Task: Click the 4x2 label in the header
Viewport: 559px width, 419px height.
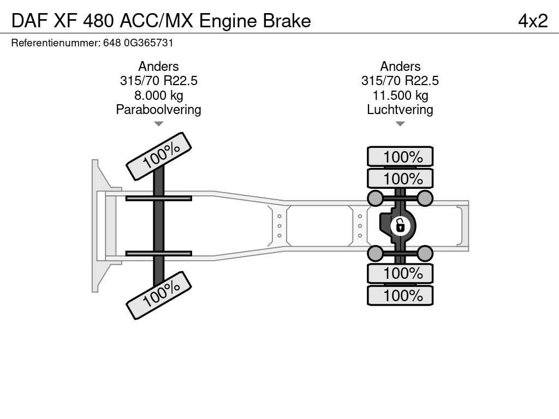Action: pos(533,21)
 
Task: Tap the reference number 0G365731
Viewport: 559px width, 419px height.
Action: pos(148,43)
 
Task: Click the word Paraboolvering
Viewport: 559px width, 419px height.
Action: pos(159,110)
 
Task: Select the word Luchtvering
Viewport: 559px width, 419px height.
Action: pos(400,110)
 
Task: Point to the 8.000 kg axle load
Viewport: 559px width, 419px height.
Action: pos(159,95)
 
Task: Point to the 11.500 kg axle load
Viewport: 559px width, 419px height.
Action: pos(400,95)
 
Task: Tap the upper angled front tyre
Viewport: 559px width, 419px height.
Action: pos(159,156)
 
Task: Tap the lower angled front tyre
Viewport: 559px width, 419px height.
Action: pos(159,295)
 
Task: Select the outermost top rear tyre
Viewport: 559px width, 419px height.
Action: pos(400,157)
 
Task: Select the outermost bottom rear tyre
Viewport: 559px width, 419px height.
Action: pos(400,295)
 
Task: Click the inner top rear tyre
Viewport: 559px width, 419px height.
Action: pos(400,178)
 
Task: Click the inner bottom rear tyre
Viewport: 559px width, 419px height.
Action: pos(400,274)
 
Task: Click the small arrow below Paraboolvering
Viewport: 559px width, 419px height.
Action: pos(159,124)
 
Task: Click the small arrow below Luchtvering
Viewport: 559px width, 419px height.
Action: pos(400,124)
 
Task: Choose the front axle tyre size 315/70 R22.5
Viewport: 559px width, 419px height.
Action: pos(159,81)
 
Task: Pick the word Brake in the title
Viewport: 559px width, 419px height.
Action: pos(287,21)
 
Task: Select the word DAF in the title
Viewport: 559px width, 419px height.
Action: pos(29,21)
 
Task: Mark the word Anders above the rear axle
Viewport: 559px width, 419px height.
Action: pos(400,66)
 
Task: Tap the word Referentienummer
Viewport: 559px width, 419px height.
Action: pos(56,43)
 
